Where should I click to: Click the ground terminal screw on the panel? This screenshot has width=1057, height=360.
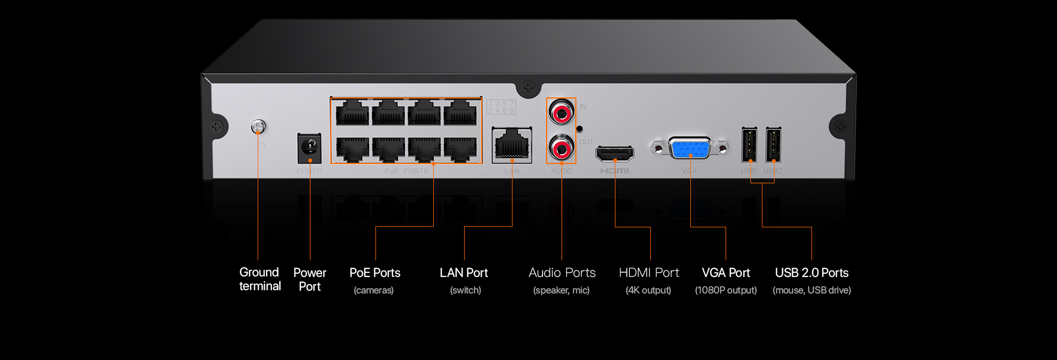coord(258,127)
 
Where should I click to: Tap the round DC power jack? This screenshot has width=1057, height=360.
coord(310,148)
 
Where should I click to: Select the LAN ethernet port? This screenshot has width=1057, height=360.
coord(512,145)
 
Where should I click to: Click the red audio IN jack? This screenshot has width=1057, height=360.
coord(561,113)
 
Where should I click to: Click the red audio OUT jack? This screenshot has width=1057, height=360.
coord(561,148)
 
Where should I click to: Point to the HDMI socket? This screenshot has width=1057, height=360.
coord(615,153)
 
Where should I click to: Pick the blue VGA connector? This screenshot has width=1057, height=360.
coord(690,148)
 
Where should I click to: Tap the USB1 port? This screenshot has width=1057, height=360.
coord(749,145)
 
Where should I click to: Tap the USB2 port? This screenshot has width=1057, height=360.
coord(773,145)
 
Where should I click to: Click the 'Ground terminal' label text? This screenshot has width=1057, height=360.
coord(260,279)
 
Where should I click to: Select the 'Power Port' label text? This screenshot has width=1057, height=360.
coord(310,279)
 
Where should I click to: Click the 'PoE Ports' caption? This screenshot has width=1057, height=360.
coord(375,273)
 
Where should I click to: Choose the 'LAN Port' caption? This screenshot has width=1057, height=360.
coord(464,273)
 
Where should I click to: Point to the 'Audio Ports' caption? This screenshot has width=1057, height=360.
coord(562,273)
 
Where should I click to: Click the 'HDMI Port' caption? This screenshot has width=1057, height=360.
coord(649,273)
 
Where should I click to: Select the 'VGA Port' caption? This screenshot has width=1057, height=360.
coord(726,273)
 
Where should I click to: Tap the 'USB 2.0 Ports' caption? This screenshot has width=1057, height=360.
coord(811,273)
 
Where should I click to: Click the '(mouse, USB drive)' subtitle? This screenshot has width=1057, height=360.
coord(811,290)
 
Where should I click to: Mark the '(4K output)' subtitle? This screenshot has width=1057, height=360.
coord(649,290)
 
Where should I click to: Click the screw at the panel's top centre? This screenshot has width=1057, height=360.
coord(528,87)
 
